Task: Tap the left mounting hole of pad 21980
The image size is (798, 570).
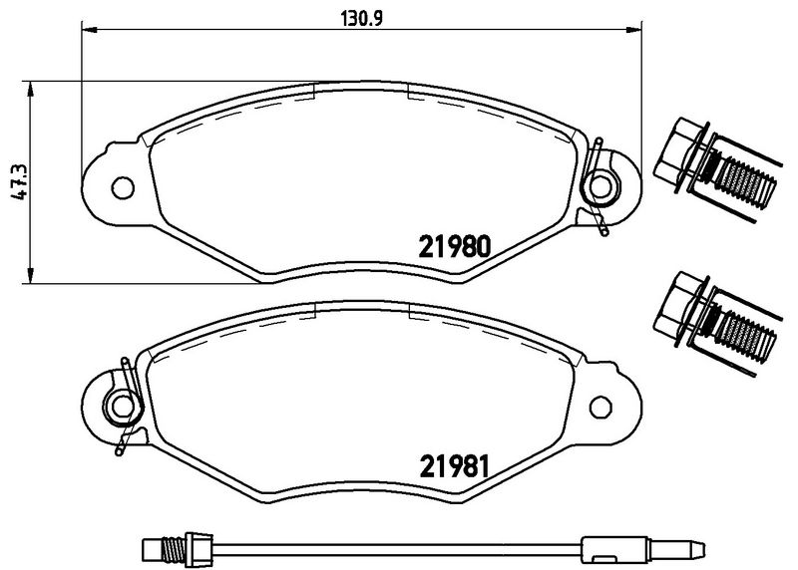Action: coord(124,186)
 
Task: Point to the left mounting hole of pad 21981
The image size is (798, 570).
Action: coord(124,407)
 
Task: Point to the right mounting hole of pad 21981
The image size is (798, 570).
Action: coord(600,407)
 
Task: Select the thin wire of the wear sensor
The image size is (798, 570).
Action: coord(399,546)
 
